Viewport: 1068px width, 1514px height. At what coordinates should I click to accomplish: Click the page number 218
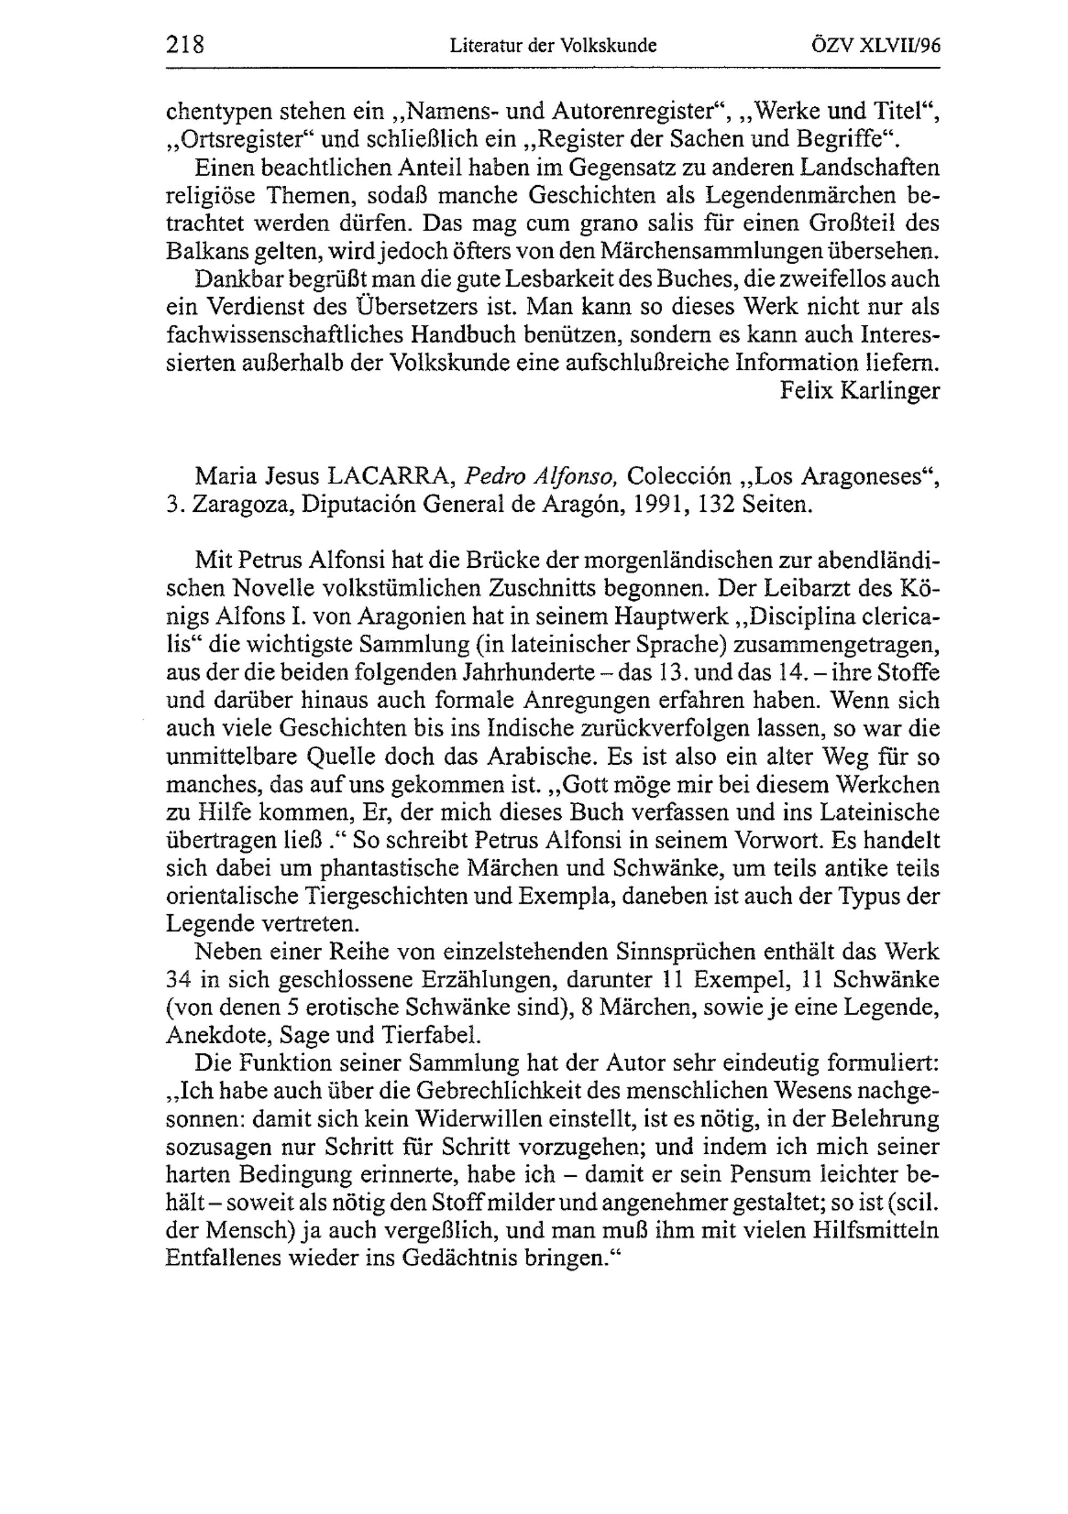(185, 45)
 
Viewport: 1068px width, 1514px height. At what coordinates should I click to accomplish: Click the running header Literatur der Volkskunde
(553, 45)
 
